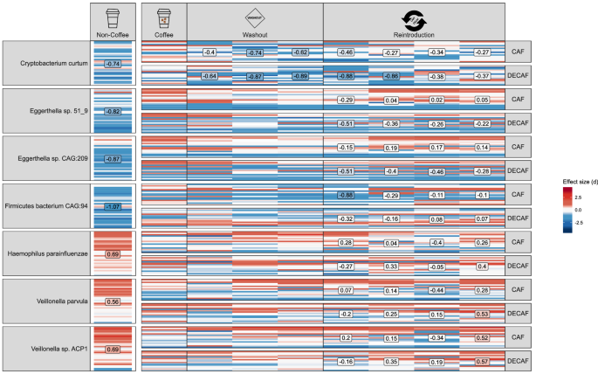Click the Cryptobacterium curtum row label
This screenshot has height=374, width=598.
point(45,64)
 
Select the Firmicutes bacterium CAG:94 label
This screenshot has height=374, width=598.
point(45,206)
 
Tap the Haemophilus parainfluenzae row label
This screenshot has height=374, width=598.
point(45,253)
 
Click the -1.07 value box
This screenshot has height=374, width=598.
point(113,206)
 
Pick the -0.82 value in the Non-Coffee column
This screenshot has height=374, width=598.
point(113,111)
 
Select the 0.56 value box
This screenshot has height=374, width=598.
point(113,301)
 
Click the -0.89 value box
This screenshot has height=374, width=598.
point(300,76)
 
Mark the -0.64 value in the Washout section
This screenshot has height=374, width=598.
point(210,76)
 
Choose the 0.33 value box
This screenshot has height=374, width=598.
point(391,266)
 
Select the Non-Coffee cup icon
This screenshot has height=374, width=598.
point(113,17)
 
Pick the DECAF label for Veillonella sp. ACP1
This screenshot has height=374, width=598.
point(517,361)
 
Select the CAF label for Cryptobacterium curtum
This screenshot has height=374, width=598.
point(517,52)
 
